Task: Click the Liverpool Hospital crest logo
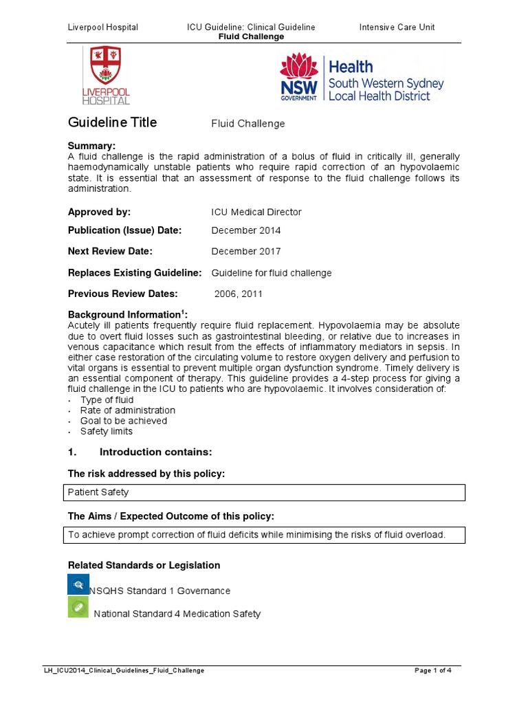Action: (x=106, y=74)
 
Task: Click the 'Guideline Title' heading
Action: (x=112, y=122)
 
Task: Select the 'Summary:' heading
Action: (x=91, y=146)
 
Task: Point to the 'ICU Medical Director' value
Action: (x=256, y=212)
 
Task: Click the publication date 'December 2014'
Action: (x=245, y=230)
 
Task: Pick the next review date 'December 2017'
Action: (x=245, y=251)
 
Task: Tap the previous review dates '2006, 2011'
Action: (x=238, y=294)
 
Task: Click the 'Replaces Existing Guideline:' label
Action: (x=135, y=273)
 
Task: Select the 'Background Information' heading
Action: (x=126, y=314)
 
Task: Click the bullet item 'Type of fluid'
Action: (x=107, y=399)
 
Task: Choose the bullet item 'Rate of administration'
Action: (x=127, y=410)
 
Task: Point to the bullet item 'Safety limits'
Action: (x=106, y=431)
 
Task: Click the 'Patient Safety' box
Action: (x=266, y=492)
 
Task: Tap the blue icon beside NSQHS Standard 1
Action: (x=78, y=584)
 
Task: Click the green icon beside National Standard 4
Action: (x=78, y=607)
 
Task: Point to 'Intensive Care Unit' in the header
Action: (x=397, y=27)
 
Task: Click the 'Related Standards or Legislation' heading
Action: (x=144, y=565)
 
